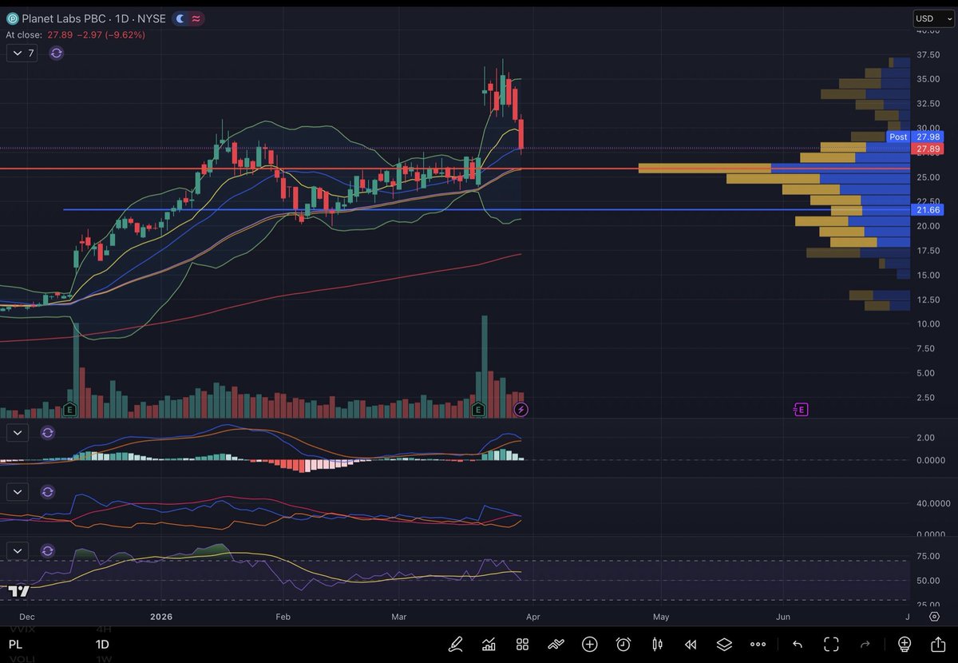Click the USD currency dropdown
[932, 18]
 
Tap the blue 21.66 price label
[928, 209]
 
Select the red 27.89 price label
[928, 149]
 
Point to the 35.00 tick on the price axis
[928, 79]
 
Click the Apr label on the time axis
[532, 617]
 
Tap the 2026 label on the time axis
[161, 617]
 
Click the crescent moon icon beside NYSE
[181, 18]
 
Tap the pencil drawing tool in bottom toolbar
[456, 644]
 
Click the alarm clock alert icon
[623, 644]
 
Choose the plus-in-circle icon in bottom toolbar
[590, 644]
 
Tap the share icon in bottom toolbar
[939, 644]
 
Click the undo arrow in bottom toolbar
[797, 644]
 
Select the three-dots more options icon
[758, 644]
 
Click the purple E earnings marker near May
[801, 410]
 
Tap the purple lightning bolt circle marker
[521, 410]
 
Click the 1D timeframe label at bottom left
[102, 644]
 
